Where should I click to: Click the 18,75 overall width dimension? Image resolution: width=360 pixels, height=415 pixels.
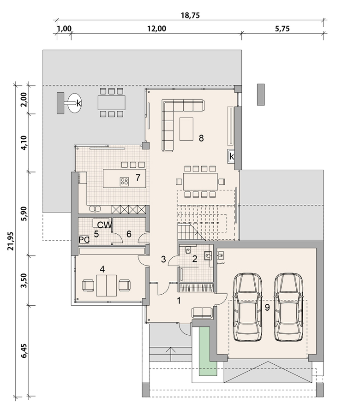tap(190, 15)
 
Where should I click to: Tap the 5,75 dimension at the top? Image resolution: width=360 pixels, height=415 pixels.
tap(282, 29)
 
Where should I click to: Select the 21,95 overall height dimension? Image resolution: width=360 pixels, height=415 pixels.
tap(10, 241)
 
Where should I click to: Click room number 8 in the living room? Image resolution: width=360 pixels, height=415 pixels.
tap(201, 138)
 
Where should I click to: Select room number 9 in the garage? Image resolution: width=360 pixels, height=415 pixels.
tap(267, 307)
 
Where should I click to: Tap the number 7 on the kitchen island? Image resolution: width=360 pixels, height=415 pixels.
tap(138, 178)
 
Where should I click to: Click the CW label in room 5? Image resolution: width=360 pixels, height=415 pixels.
tap(105, 225)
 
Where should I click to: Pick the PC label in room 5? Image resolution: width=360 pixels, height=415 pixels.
tap(84, 240)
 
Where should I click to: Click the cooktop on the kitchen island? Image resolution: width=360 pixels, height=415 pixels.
tap(124, 181)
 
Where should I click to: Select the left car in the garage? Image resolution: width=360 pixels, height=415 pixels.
tap(247, 307)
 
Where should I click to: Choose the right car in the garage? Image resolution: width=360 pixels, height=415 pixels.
tap(288, 307)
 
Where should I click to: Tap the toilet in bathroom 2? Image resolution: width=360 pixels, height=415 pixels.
tap(188, 250)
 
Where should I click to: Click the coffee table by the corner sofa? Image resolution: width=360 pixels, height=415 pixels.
tap(186, 129)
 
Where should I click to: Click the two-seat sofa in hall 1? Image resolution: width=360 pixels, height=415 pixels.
tap(202, 313)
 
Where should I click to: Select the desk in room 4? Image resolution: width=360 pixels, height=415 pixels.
tap(106, 285)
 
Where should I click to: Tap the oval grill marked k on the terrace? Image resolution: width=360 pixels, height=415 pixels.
tap(74, 103)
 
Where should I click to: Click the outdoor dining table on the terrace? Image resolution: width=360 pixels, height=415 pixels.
tap(111, 102)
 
